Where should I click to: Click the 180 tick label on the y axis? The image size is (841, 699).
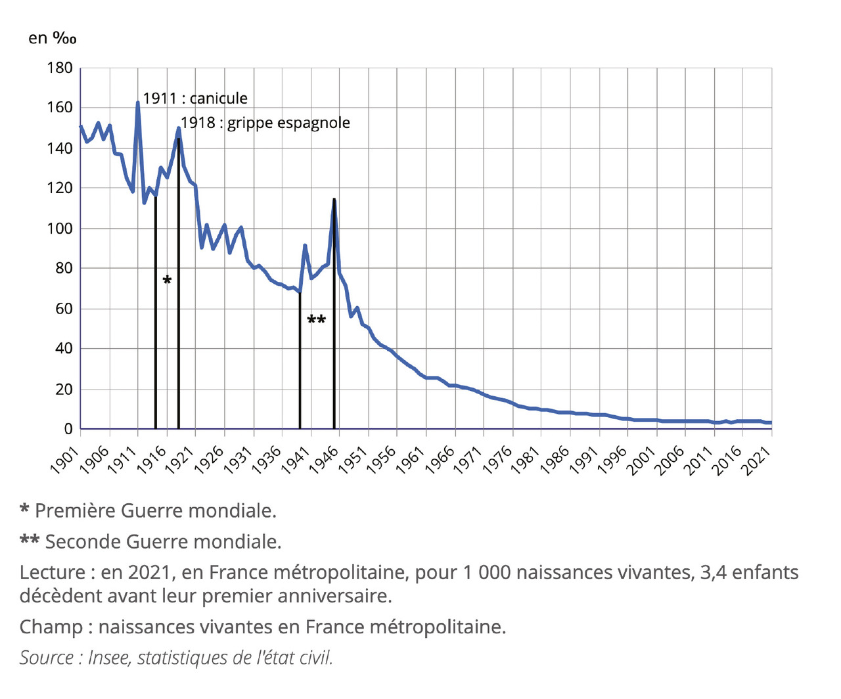point(59,68)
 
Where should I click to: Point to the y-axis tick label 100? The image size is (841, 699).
point(59,229)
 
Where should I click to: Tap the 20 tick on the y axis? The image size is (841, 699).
point(64,389)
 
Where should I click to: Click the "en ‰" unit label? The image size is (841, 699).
point(52,38)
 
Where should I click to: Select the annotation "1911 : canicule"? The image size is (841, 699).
point(195,99)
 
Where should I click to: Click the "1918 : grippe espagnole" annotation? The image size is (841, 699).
point(265,123)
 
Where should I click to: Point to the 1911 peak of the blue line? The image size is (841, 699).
point(137,103)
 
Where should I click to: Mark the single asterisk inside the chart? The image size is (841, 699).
point(167,281)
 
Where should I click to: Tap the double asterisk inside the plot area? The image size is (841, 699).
point(316,321)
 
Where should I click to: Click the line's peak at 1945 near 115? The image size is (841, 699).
point(334,200)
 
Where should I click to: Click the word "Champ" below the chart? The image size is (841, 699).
point(51,627)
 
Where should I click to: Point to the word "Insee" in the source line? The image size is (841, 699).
point(108,658)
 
